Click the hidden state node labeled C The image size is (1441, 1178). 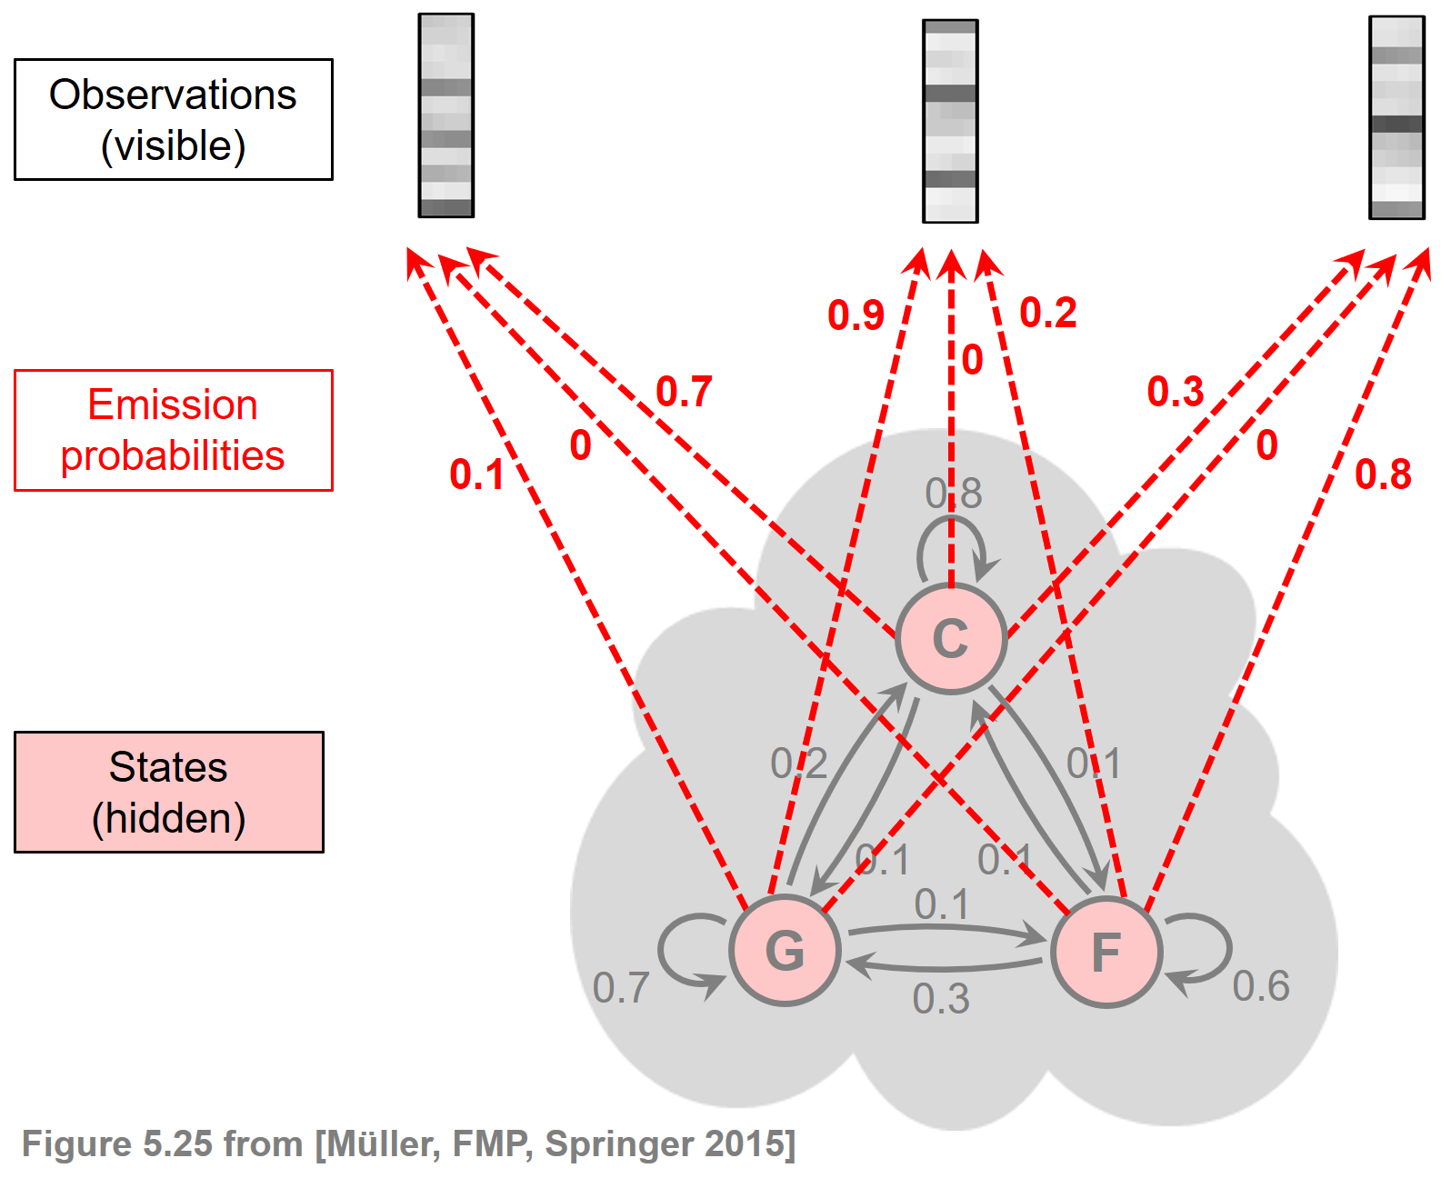[950, 638]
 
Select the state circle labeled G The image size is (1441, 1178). [785, 951]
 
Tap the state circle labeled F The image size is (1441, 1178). [1106, 953]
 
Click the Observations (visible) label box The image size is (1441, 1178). [174, 120]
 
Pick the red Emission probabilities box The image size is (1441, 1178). [174, 430]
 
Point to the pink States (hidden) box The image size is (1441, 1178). [169, 792]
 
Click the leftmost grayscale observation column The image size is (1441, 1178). [445, 115]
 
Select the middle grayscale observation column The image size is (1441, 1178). [950, 121]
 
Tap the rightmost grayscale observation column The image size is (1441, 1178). [1396, 117]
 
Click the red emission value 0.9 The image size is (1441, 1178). [856, 315]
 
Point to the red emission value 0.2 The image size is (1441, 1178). [1048, 314]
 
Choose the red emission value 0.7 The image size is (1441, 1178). [684, 392]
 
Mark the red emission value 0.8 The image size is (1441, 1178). [1383, 474]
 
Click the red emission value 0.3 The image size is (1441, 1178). [1175, 392]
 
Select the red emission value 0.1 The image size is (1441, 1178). [476, 474]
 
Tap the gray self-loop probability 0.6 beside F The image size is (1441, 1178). [1261, 986]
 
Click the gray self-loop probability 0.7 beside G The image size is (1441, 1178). [621, 988]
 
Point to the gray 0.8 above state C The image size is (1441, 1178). [953, 494]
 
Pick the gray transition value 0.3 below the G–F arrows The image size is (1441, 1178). [941, 999]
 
